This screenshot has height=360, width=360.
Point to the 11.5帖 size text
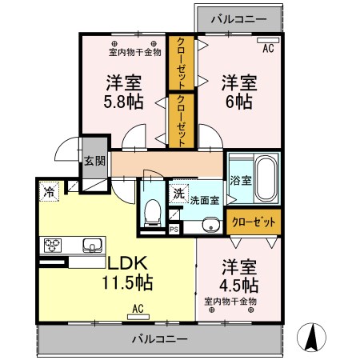128,282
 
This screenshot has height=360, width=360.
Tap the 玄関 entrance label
94,160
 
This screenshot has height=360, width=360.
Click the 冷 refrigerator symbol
49,192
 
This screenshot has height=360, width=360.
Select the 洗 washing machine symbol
179,192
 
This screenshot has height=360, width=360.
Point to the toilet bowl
154,212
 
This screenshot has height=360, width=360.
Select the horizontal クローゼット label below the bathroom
253,221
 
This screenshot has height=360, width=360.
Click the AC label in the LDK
137,308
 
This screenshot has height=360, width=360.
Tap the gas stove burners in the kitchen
54,245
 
